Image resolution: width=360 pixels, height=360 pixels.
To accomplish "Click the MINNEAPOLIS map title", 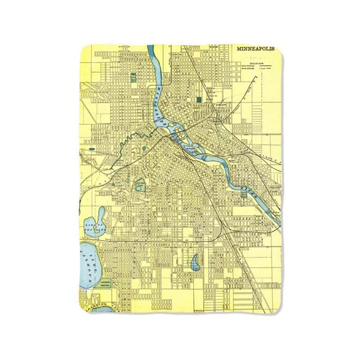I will (x=256, y=49).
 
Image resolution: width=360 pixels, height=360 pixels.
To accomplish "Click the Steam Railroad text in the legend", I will (x=248, y=66).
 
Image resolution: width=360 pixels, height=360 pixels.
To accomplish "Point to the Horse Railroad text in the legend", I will (x=248, y=69).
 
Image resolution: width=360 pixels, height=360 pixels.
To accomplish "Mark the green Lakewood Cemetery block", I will (x=104, y=283).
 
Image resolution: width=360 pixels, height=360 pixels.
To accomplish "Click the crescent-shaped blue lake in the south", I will (x=195, y=262).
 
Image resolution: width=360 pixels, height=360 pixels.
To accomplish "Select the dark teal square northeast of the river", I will (x=199, y=99).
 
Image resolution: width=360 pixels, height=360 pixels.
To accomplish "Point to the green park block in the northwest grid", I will (x=133, y=77).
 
